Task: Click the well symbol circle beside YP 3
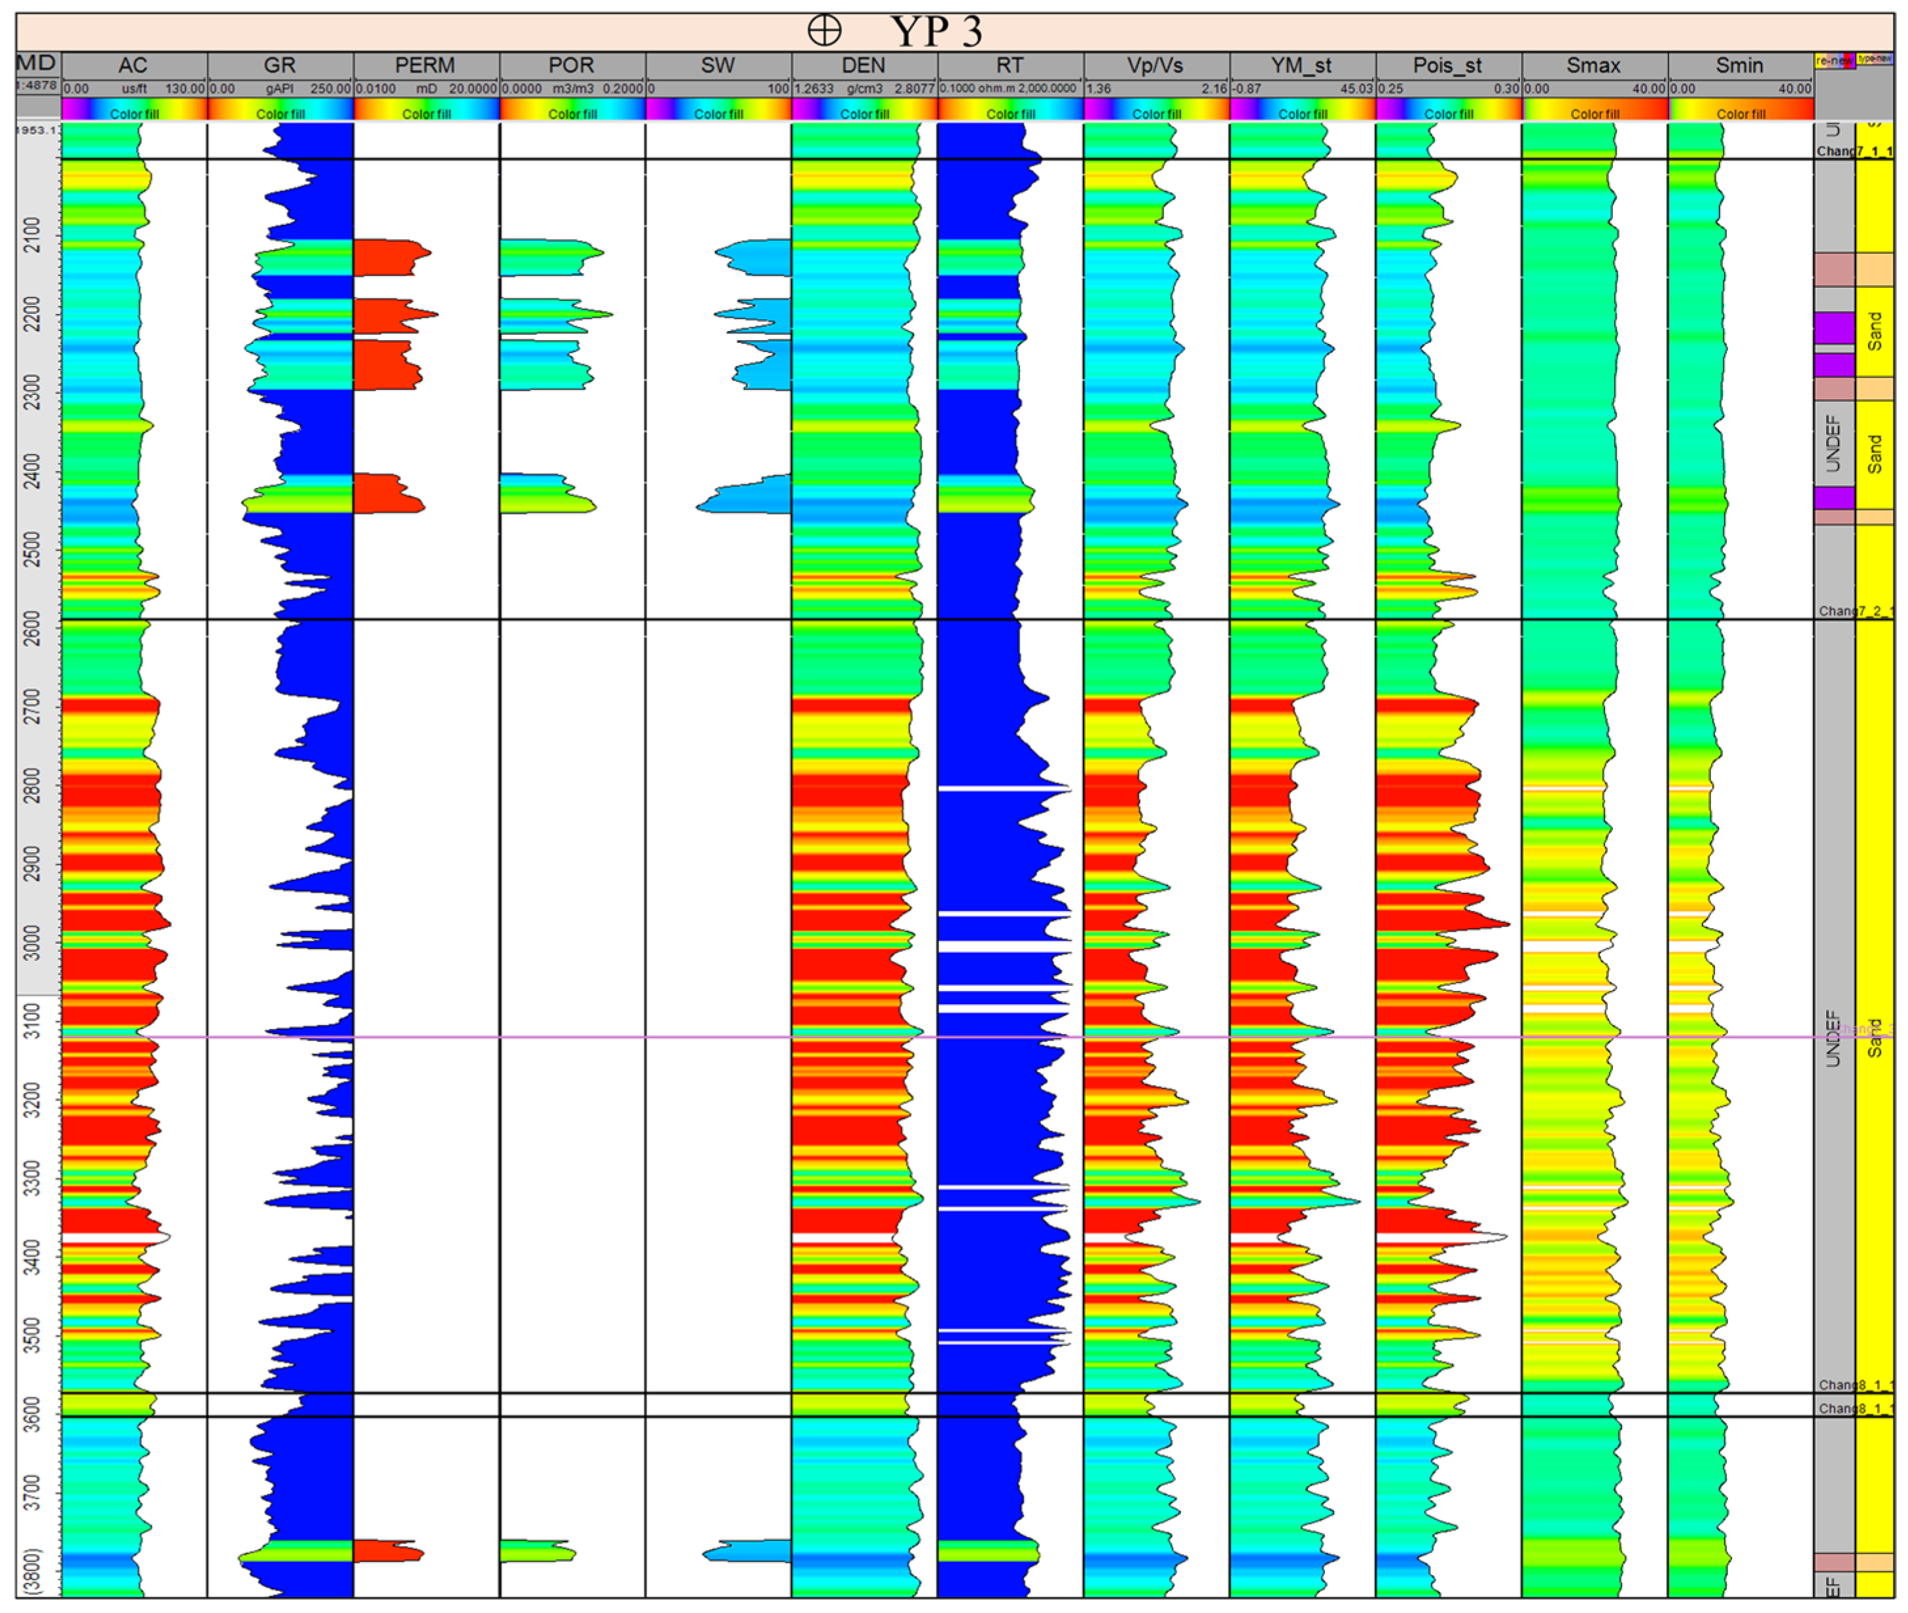point(824,31)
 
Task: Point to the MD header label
point(37,63)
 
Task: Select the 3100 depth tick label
point(32,1020)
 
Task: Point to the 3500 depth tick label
point(32,1335)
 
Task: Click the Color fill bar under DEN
point(864,113)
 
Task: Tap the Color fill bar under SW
point(718,113)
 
